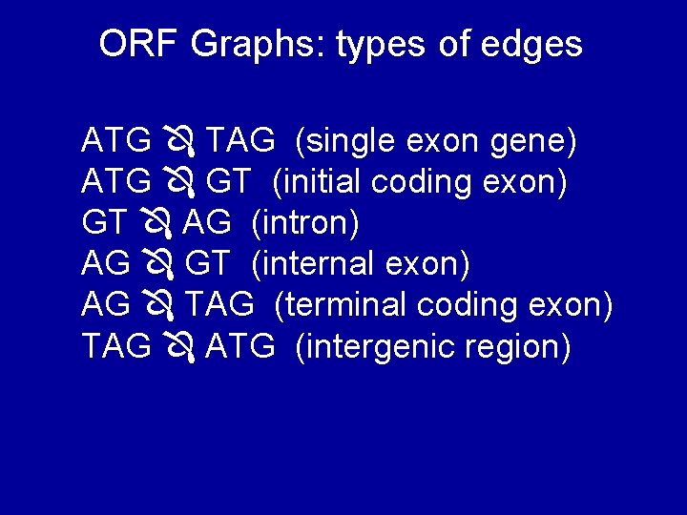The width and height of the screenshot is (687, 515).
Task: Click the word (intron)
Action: [305, 224]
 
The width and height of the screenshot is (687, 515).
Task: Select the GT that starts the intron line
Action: [103, 224]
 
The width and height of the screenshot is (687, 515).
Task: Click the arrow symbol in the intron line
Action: [156, 225]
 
